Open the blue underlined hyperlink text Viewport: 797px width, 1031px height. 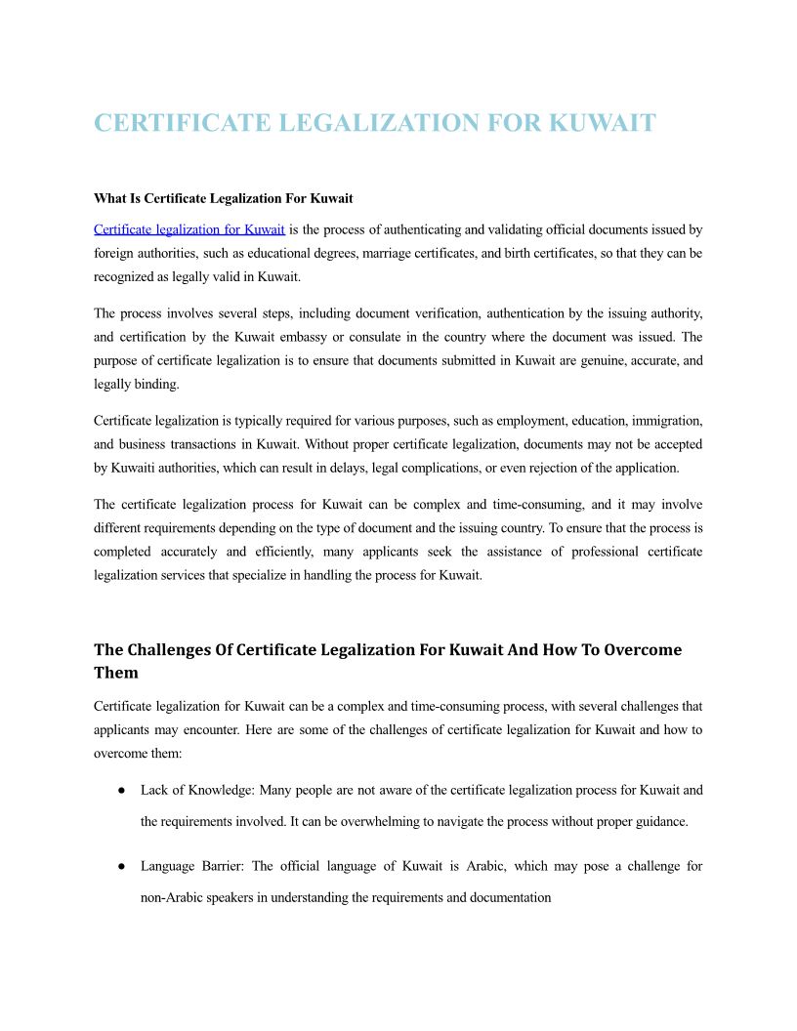point(189,230)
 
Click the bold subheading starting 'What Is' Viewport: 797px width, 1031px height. point(223,198)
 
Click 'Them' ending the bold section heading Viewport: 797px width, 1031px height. point(116,673)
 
